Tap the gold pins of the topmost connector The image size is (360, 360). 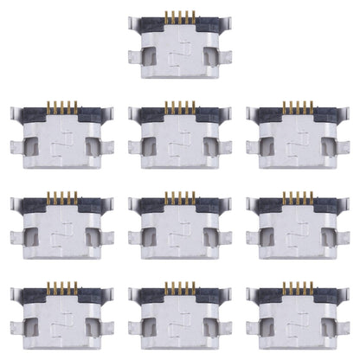(178, 15)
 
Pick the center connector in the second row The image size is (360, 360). (179, 132)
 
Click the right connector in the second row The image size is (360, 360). (297, 132)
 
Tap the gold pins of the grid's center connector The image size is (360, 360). (177, 198)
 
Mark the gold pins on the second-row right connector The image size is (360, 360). (296, 106)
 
